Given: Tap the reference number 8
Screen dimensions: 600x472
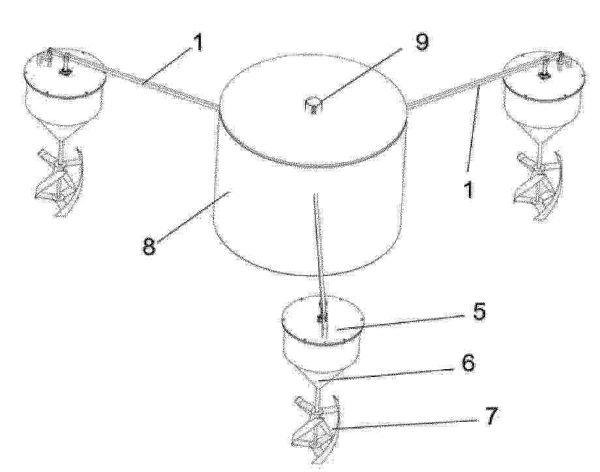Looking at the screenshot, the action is (149, 246).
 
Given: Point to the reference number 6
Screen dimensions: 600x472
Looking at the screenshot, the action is (468, 363).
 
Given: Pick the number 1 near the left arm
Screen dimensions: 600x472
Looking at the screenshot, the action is (196, 42).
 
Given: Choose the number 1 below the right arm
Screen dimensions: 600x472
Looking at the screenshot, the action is (468, 188).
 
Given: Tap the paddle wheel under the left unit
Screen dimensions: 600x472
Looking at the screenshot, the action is (59, 180).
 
